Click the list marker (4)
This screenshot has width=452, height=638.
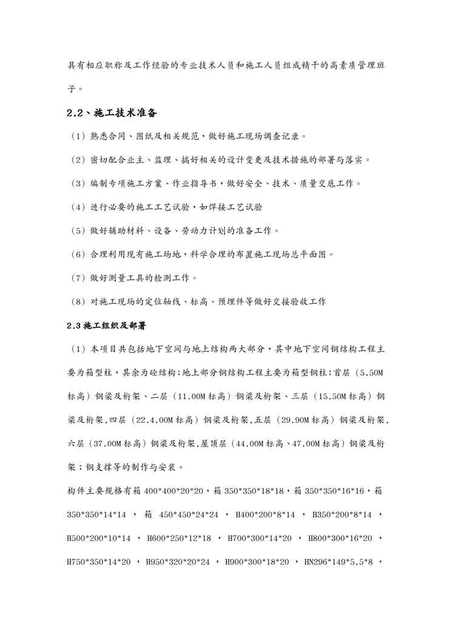[x=79, y=207]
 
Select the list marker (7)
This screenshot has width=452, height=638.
[x=79, y=278]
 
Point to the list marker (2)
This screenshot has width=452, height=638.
[x=79, y=159]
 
